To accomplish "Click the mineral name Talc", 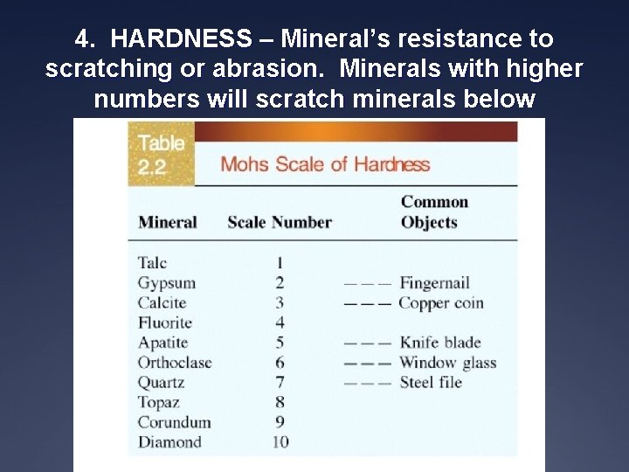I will [152, 262].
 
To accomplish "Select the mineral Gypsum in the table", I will [166, 282].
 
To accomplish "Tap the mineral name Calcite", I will [162, 302].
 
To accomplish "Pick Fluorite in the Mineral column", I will [164, 323].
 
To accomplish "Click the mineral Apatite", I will [162, 342].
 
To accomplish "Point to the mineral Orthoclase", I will [175, 362].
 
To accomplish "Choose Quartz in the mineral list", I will [161, 382].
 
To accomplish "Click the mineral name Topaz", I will [158, 402].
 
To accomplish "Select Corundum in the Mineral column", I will [174, 422].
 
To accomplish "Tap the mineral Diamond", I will [169, 442].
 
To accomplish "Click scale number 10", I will [280, 442].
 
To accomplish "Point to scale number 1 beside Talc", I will [280, 262].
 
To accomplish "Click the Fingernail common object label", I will [434, 282].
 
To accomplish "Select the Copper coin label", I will [440, 302].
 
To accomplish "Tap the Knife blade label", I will [440, 342].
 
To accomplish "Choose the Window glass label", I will [447, 362].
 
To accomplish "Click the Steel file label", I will [430, 382].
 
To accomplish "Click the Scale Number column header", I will [280, 222].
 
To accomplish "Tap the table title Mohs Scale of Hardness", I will [325, 164].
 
